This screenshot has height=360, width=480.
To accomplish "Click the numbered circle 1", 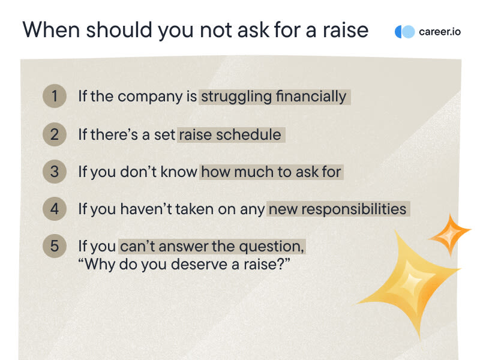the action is pyautogui.click(x=55, y=96).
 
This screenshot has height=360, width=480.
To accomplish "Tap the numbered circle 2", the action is pyautogui.click(x=55, y=134).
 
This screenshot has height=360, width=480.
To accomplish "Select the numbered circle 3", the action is pyautogui.click(x=55, y=172).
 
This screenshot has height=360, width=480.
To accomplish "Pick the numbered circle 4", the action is pyautogui.click(x=55, y=209).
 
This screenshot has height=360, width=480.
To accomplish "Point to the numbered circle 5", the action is pyautogui.click(x=55, y=246).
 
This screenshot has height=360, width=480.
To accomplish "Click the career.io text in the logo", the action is pyautogui.click(x=440, y=32).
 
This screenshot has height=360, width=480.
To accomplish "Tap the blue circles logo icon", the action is pyautogui.click(x=404, y=32).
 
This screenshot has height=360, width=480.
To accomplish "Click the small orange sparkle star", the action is pyautogui.click(x=449, y=235).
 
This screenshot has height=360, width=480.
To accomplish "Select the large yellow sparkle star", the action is pyautogui.click(x=408, y=284).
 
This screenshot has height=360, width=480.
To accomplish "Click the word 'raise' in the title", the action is pyautogui.click(x=346, y=30).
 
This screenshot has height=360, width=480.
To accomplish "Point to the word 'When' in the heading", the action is pyautogui.click(x=51, y=29).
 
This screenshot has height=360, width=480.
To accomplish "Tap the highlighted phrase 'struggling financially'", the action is pyautogui.click(x=274, y=97).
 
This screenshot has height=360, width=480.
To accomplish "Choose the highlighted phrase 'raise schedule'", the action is pyautogui.click(x=230, y=134).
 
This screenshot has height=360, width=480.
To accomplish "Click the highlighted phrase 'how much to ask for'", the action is pyautogui.click(x=271, y=172).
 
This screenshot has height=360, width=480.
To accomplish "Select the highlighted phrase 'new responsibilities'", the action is pyautogui.click(x=338, y=209).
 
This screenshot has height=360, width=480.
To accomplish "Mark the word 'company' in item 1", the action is pyautogui.click(x=150, y=97).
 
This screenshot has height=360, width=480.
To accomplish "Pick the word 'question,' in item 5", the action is pyautogui.click(x=272, y=247).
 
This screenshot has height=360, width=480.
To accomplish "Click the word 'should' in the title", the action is pyautogui.click(x=119, y=29).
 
